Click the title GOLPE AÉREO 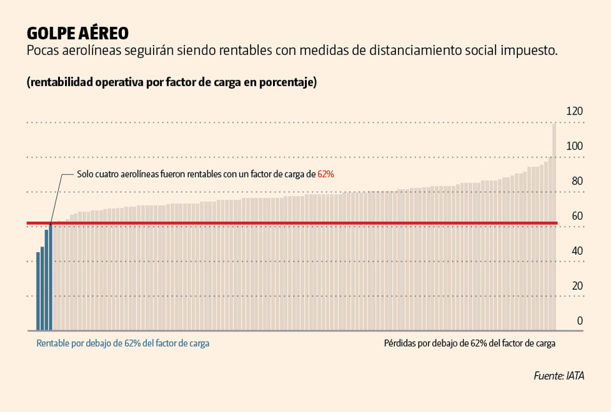pos(78,32)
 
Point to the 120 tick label pos(575,111)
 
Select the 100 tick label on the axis pos(575,146)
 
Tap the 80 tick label pos(577,181)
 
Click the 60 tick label pos(577,217)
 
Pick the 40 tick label pos(577,251)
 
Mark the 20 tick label pos(577,286)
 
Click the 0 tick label pos(580,321)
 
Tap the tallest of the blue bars pos(50,277)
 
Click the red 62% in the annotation pos(326,174)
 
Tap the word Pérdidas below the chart pos(400,343)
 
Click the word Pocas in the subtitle pos(43,51)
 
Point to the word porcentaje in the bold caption pos(288,83)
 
